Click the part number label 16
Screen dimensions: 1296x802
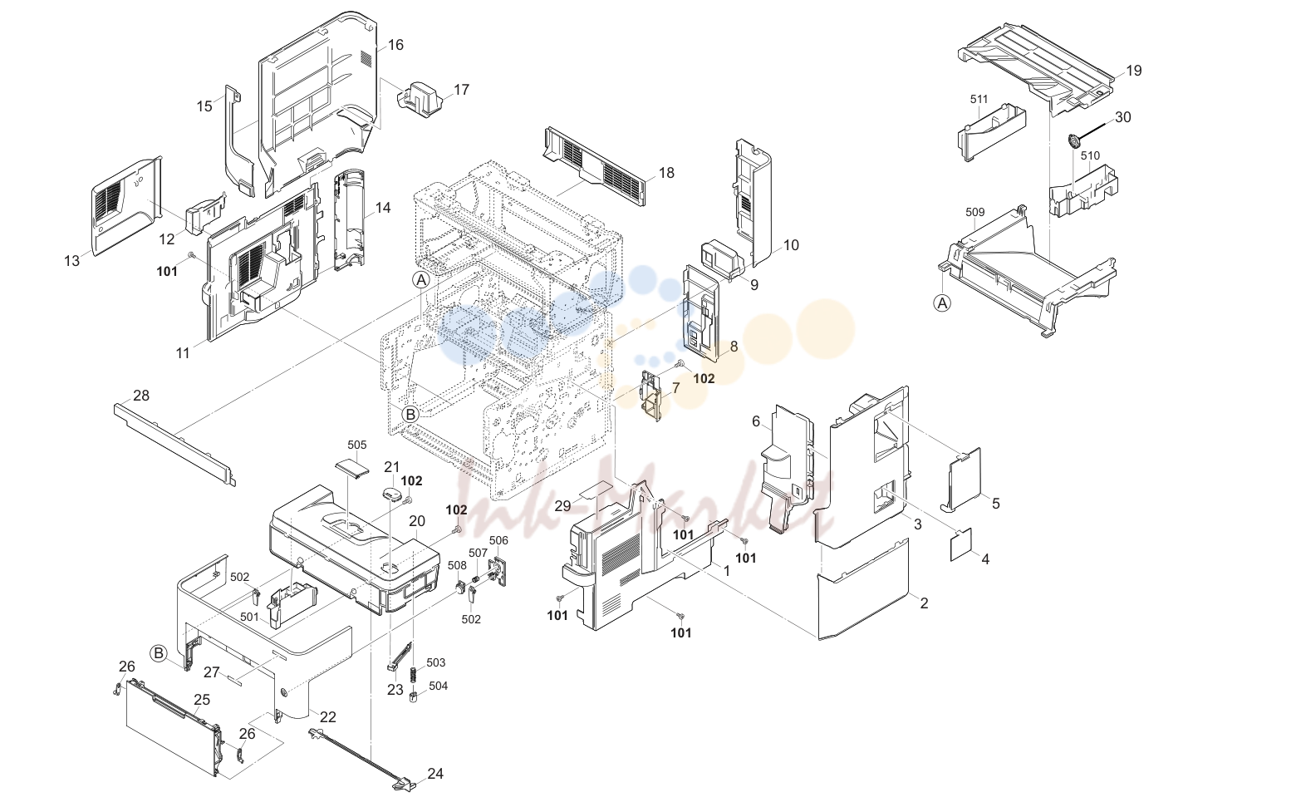(395, 45)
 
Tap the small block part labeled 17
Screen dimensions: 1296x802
(419, 100)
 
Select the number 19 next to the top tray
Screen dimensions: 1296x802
(1134, 71)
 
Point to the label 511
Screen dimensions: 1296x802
(979, 100)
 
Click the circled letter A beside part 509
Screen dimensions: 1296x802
(943, 303)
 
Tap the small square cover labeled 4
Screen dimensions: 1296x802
(960, 544)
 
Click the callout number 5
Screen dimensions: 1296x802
(996, 504)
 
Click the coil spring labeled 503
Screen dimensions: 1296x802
(414, 674)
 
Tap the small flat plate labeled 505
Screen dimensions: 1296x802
(351, 467)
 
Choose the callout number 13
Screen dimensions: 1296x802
(71, 261)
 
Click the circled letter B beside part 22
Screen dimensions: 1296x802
(158, 653)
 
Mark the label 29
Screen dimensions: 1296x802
(563, 506)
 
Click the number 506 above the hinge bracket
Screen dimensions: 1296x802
(498, 540)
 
